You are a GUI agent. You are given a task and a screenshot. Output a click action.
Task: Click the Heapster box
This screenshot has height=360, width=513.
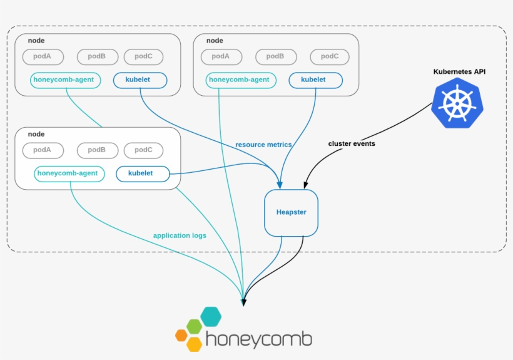pos(291,213)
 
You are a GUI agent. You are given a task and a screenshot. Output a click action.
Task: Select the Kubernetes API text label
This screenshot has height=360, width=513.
pos(459,72)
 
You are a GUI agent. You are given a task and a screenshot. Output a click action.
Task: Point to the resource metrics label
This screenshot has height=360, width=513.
pos(263,145)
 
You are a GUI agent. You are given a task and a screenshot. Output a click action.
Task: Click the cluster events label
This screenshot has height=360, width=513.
pos(352,143)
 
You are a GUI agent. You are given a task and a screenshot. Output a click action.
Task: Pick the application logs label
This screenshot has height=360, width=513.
pos(180,235)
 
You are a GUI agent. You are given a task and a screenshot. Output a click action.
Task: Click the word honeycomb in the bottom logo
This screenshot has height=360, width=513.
pos(258,339)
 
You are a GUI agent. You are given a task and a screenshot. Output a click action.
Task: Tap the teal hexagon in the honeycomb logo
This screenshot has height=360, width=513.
pos(211,317)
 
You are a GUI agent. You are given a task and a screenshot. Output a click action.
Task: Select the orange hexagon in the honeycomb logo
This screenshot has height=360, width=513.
pos(181,335)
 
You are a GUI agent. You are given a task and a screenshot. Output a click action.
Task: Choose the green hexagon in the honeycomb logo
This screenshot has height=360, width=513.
pos(195,326)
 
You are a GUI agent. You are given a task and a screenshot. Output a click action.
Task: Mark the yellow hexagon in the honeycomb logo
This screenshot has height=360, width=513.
pos(195,344)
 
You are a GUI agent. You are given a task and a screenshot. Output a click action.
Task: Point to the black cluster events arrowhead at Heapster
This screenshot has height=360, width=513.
pos(305,185)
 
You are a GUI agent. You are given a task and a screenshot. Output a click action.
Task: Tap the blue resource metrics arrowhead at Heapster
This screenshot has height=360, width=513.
pos(280,185)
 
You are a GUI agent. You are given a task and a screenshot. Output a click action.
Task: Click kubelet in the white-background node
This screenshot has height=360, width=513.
pos(143,173)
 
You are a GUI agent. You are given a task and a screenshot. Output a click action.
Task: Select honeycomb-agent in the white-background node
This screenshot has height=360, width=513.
pos(69,173)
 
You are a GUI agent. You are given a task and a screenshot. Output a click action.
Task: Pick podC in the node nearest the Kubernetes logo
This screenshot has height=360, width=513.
pos(330,56)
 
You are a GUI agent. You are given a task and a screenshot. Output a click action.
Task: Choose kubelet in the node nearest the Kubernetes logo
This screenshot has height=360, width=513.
pos(315,80)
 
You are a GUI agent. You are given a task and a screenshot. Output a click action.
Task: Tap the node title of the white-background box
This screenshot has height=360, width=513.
pos(36,134)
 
